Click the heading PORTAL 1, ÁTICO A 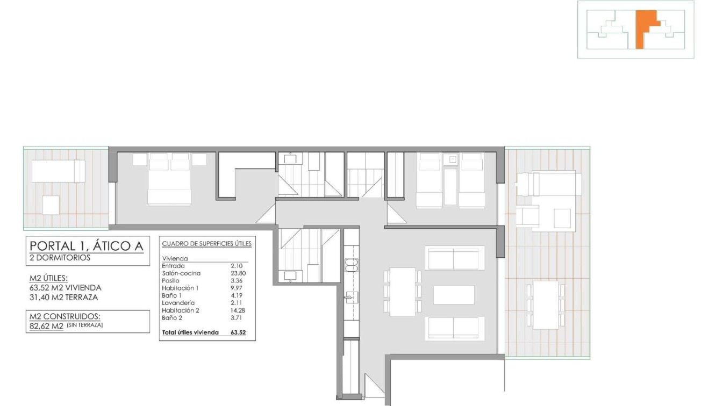[86, 246]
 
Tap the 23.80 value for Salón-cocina [238, 273]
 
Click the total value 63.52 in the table [238, 332]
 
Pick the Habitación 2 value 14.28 [238, 310]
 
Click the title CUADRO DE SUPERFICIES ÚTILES [207, 244]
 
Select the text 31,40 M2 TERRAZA [65, 297]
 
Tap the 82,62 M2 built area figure [46, 325]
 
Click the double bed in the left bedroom [169, 183]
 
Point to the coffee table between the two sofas [454, 295]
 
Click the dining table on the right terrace [546, 305]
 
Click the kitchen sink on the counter [351, 296]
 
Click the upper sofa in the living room [455, 258]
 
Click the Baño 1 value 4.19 [237, 295]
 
